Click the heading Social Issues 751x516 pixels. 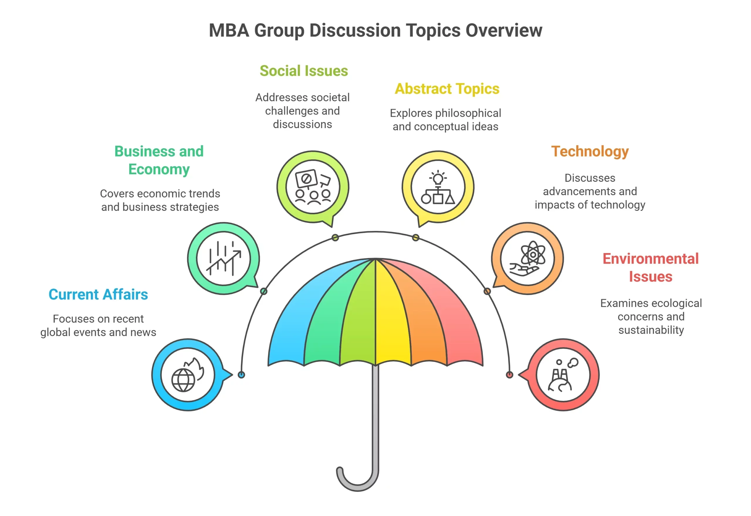[303, 71]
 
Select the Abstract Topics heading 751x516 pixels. [447, 89]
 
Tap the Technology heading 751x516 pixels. [590, 151]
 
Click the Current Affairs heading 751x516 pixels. [98, 294]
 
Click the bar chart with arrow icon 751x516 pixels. [224, 259]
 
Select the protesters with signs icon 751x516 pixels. [313, 187]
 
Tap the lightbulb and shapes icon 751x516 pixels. [438, 187]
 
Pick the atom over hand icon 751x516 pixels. [527, 259]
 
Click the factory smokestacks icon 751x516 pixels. [563, 375]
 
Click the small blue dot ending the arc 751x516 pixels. [241, 375]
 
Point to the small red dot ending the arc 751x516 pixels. [510, 375]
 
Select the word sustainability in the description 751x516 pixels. [651, 330]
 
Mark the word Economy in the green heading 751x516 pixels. [159, 169]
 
